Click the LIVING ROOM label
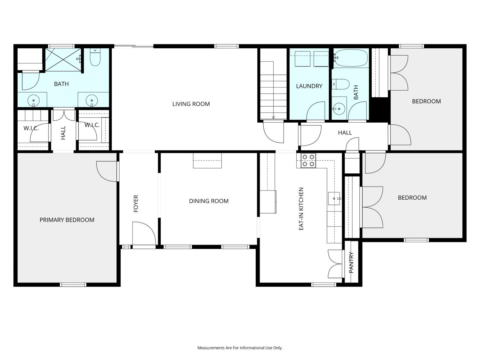pos(191,104)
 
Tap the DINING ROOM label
pos(209,201)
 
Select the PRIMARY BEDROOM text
pos(67,220)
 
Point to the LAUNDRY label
pos(309,86)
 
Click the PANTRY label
pos(351,262)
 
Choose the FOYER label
pos(136,204)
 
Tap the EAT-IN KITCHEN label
pos(301,209)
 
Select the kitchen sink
pos(334,198)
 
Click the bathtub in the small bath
pos(351,58)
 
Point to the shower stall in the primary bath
pos(63,60)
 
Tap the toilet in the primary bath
pos(95,57)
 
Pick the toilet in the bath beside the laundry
pos(341,84)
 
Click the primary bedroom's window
pos(73,284)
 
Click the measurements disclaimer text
pos(240,348)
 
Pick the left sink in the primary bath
pos(34,101)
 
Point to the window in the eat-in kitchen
pos(324,284)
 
